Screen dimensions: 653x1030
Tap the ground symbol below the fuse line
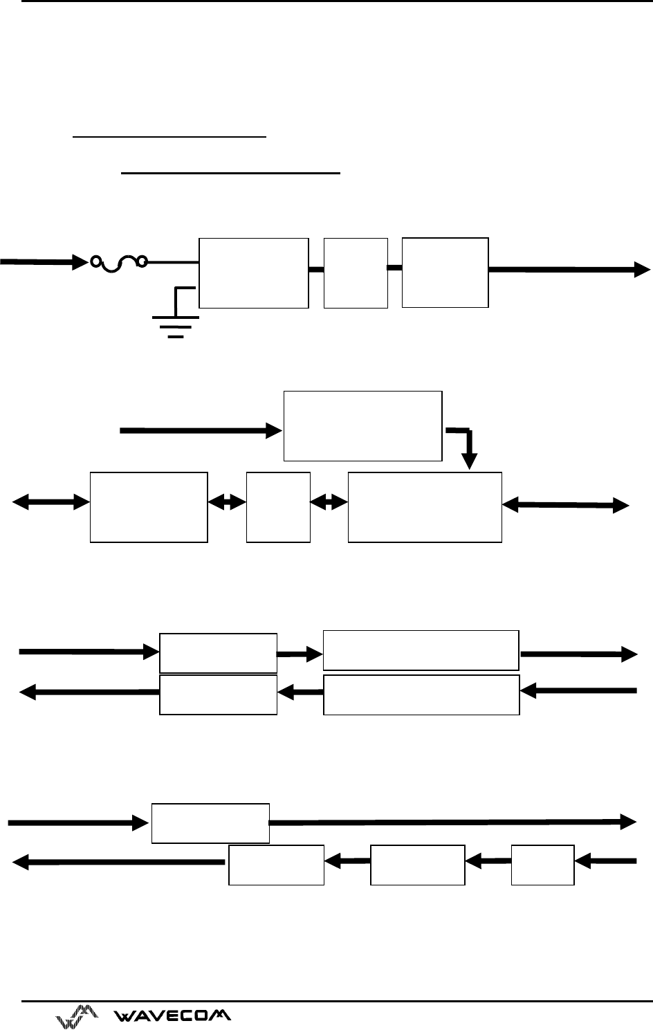click(x=176, y=317)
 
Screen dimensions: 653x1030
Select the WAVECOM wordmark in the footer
click(x=172, y=1015)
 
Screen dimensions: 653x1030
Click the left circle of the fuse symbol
click(x=95, y=261)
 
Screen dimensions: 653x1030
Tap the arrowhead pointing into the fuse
click(x=80, y=262)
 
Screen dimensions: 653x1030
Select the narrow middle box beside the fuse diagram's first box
click(x=356, y=273)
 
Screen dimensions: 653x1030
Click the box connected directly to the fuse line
click(x=253, y=273)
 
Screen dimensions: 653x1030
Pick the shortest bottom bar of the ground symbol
click(x=176, y=337)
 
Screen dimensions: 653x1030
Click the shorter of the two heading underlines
click(x=169, y=136)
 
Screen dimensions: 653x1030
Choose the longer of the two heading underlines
click(x=230, y=174)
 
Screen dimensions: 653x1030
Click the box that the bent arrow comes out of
click(x=363, y=426)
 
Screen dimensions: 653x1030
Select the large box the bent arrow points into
click(x=425, y=507)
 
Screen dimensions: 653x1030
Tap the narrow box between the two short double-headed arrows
click(x=278, y=507)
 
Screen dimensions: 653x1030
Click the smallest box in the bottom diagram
click(x=542, y=865)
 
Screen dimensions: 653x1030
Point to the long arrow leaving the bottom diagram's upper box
click(x=453, y=822)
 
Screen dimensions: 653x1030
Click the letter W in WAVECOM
click(x=124, y=1015)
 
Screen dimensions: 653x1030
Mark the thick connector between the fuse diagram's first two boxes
click(x=316, y=270)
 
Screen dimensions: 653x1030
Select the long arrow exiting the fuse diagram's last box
click(x=569, y=270)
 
